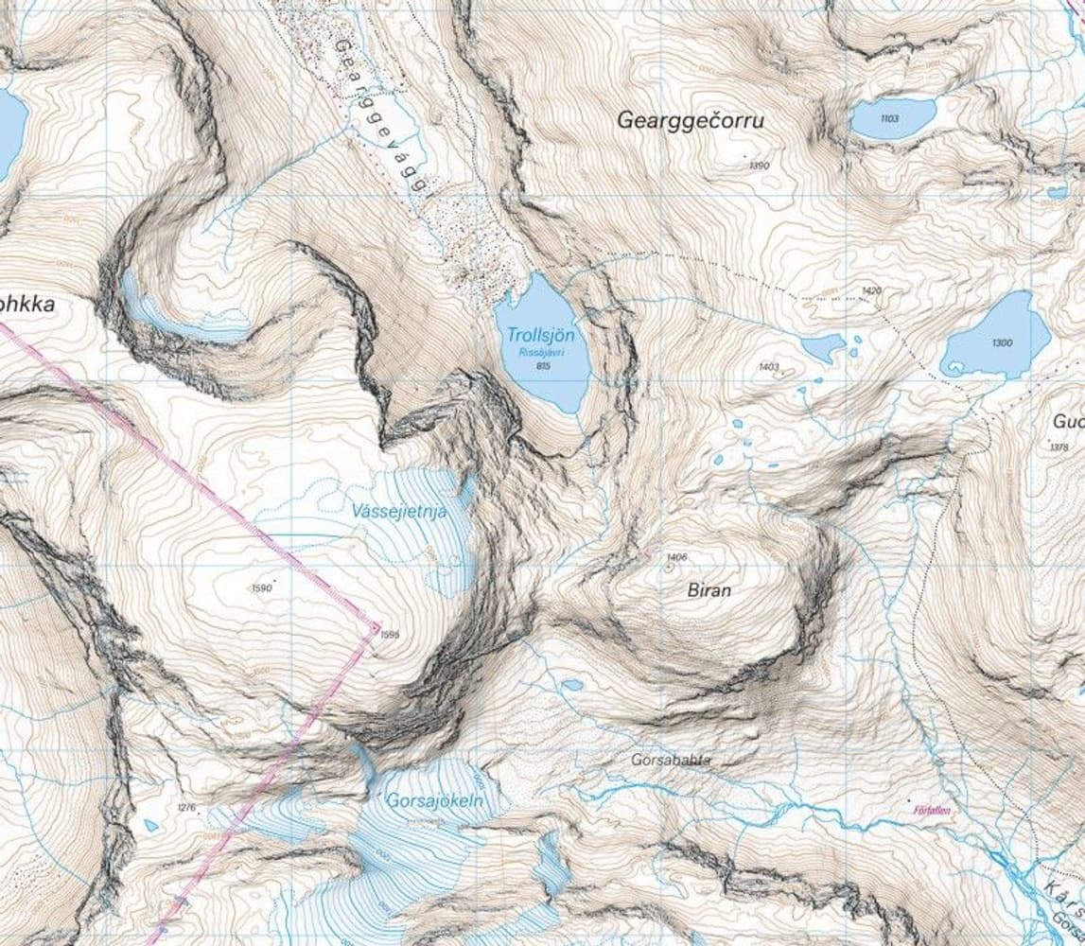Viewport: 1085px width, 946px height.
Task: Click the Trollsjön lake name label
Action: tap(540, 335)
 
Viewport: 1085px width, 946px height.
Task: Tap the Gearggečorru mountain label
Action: tap(690, 121)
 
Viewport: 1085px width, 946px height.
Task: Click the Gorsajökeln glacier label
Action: tap(435, 800)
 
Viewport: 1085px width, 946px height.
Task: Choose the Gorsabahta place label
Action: tap(671, 760)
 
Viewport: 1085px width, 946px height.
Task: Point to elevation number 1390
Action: tap(759, 166)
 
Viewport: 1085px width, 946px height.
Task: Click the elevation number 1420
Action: tap(871, 290)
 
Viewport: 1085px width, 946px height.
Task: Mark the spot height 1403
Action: tap(768, 366)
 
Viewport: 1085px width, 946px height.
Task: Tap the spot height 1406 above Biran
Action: tap(675, 557)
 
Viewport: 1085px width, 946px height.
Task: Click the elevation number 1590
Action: tap(262, 588)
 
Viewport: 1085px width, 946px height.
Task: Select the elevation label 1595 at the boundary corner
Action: tap(388, 635)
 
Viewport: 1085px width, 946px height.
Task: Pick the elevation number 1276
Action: tap(186, 807)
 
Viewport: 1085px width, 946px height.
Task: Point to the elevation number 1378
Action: tap(1059, 447)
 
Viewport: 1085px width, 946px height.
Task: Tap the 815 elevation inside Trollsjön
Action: tap(542, 365)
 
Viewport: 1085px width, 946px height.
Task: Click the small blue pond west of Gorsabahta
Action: tap(572, 684)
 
